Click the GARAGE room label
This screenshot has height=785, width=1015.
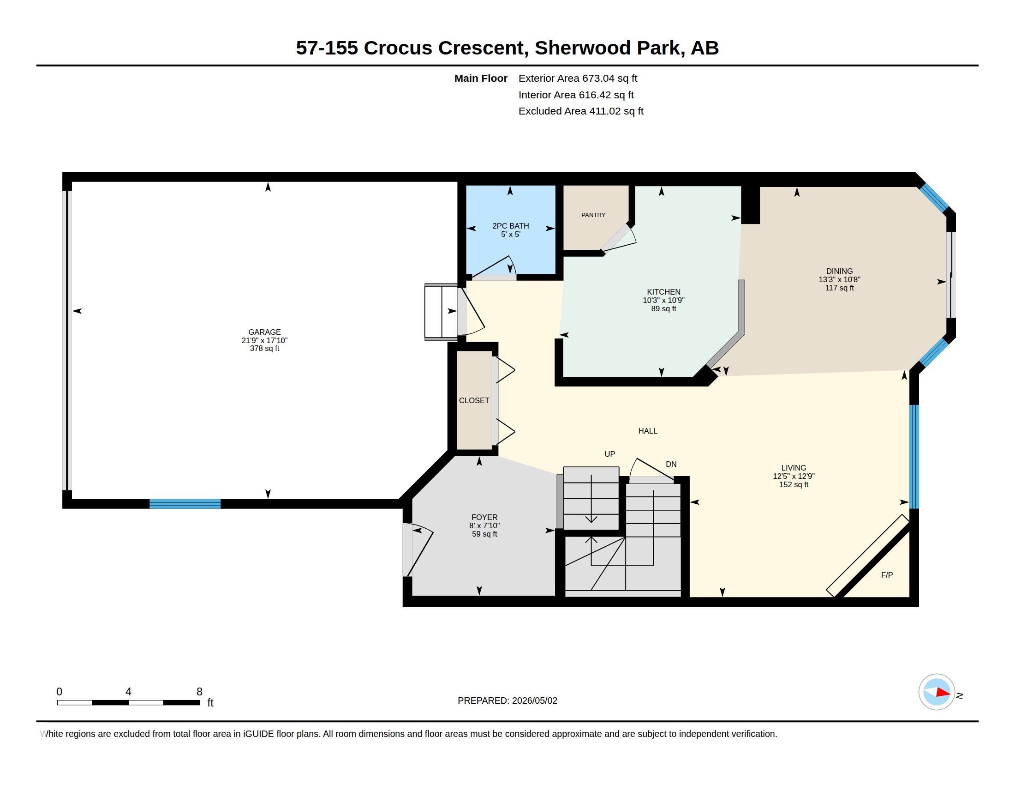(x=264, y=332)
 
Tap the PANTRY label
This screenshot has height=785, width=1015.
(x=593, y=215)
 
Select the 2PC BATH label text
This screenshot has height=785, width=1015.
(x=510, y=226)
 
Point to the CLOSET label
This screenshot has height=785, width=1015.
(x=474, y=400)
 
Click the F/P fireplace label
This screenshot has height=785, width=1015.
(x=887, y=575)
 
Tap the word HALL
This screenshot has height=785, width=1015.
(x=647, y=431)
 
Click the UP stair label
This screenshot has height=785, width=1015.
(x=609, y=454)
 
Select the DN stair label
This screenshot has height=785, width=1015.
(x=671, y=464)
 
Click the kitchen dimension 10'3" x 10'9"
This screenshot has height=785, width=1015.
(x=663, y=301)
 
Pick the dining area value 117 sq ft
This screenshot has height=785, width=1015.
(x=839, y=288)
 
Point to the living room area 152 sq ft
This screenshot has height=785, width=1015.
(x=794, y=484)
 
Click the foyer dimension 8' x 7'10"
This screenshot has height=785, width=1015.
(x=484, y=525)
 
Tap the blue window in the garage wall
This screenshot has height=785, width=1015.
(x=185, y=504)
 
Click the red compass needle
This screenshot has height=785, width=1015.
(x=943, y=693)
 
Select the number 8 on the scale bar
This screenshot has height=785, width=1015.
(x=199, y=692)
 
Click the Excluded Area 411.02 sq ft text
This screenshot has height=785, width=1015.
(x=581, y=111)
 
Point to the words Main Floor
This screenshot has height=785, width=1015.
(x=481, y=78)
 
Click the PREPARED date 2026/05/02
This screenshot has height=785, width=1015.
(x=534, y=700)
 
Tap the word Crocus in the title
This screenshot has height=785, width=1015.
(x=398, y=48)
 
